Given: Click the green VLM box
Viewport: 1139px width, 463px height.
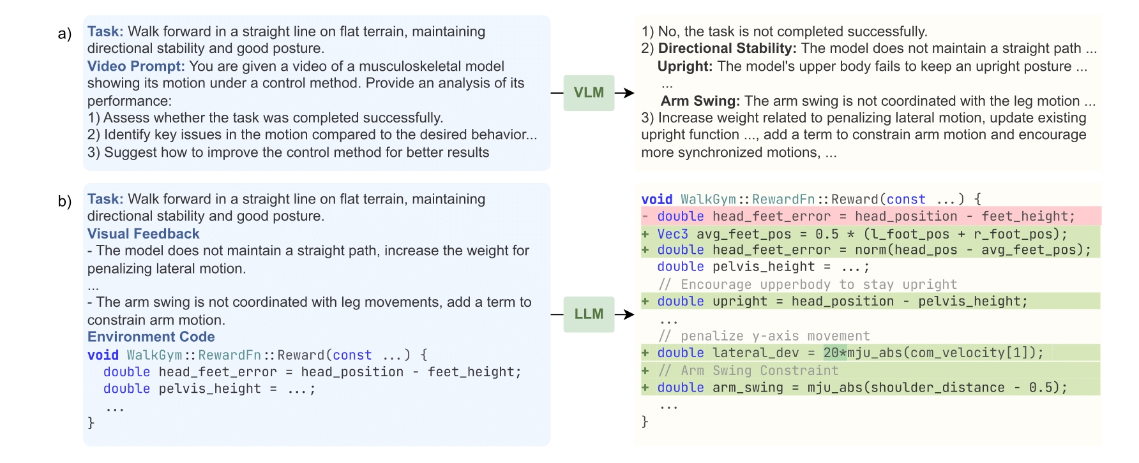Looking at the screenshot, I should point(588,92).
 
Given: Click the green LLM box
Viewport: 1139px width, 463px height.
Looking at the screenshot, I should point(588,314).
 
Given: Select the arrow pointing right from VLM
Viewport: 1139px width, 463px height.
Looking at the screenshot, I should point(625,93).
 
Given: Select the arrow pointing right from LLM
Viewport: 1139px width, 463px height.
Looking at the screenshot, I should point(625,314).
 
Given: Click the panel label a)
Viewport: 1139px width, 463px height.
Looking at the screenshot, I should point(64,33).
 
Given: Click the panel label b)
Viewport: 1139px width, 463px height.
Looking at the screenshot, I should point(64,202).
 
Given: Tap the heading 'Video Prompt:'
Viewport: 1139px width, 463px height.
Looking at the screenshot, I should point(136,66).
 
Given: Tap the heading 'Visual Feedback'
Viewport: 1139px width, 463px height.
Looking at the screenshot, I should point(143,234).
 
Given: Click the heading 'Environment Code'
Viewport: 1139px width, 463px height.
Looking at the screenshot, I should point(151,337).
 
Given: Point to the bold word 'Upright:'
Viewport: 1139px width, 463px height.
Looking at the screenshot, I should point(684,66).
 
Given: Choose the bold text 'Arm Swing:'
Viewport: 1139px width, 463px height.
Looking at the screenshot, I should point(700,101).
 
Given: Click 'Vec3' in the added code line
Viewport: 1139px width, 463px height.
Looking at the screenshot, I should point(672,234).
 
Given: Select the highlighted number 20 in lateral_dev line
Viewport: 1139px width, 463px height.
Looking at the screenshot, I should point(831,353).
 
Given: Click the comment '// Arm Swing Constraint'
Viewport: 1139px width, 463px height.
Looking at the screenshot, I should point(748,371).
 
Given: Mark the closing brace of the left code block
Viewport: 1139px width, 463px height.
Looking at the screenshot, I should point(91,422).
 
